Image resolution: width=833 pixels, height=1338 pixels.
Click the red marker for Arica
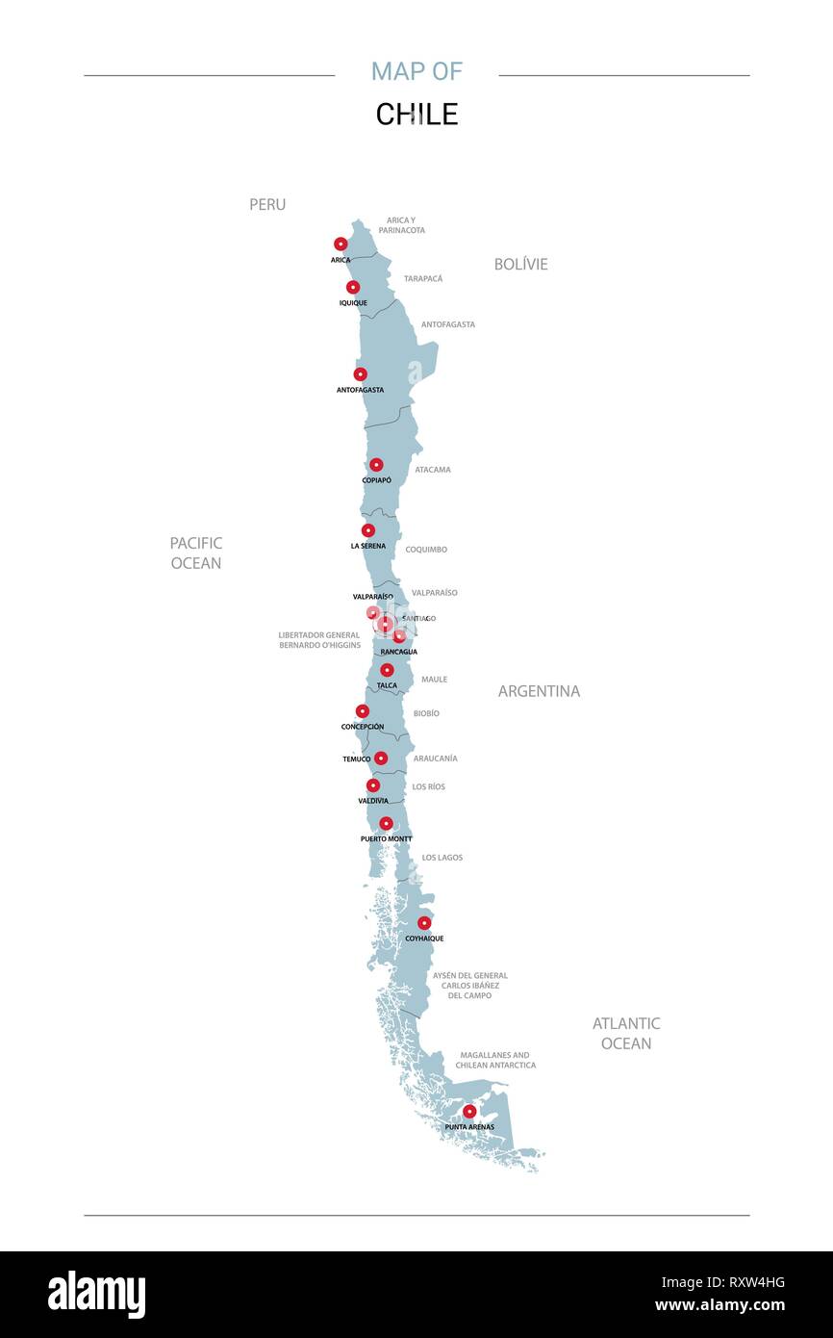pyautogui.click(x=341, y=244)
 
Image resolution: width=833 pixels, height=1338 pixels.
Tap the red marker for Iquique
pyautogui.click(x=353, y=287)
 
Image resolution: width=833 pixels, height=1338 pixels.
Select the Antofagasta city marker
pyautogui.click(x=360, y=374)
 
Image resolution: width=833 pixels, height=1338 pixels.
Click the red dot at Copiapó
pyautogui.click(x=376, y=465)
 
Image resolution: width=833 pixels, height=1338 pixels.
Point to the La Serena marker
pyautogui.click(x=368, y=530)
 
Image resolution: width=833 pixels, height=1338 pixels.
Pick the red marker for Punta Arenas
pyautogui.click(x=469, y=1112)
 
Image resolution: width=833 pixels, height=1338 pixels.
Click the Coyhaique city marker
pyautogui.click(x=424, y=923)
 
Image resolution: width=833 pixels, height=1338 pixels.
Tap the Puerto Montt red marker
pyautogui.click(x=386, y=824)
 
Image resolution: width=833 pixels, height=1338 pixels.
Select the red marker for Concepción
pyautogui.click(x=363, y=711)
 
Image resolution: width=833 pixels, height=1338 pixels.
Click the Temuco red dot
pyautogui.click(x=381, y=759)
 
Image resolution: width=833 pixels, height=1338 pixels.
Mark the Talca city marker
pyautogui.click(x=387, y=670)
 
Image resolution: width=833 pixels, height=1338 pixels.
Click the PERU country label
pyautogui.click(x=267, y=205)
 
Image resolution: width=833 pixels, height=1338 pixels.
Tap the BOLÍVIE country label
pyautogui.click(x=520, y=264)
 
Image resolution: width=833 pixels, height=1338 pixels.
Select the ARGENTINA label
pyautogui.click(x=539, y=691)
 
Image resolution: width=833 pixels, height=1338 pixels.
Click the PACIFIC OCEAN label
pyautogui.click(x=196, y=553)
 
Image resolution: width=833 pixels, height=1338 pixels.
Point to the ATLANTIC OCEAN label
pyautogui.click(x=626, y=1033)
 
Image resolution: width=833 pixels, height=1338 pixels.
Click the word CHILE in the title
pyautogui.click(x=416, y=115)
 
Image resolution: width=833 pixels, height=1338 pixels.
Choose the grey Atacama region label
pyautogui.click(x=433, y=470)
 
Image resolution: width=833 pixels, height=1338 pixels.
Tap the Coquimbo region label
pyautogui.click(x=426, y=550)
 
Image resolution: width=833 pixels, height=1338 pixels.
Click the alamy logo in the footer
pyautogui.click(x=97, y=1295)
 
